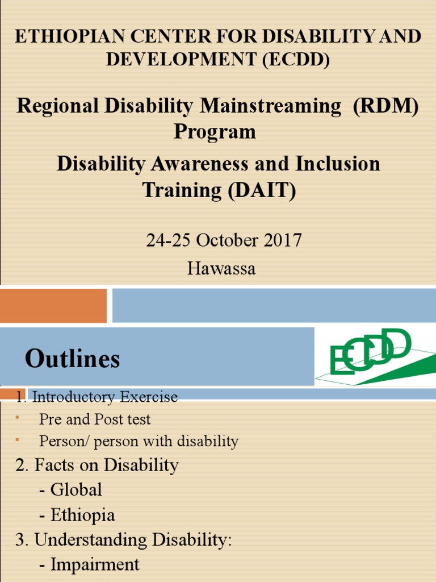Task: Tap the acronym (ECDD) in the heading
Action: coord(296,60)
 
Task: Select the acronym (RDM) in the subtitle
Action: coord(386,106)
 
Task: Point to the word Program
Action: coord(215,131)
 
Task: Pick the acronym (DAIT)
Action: coord(262,190)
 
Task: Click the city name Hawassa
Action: coord(221,268)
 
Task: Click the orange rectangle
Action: coord(53,305)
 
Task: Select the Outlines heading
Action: coord(72,359)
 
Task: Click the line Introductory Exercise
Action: coord(104,397)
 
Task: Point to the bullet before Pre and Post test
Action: coord(18,418)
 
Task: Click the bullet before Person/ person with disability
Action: coord(18,439)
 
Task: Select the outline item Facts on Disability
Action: coord(106,465)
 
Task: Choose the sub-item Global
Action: coord(76,489)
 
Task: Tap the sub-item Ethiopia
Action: coord(82,515)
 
